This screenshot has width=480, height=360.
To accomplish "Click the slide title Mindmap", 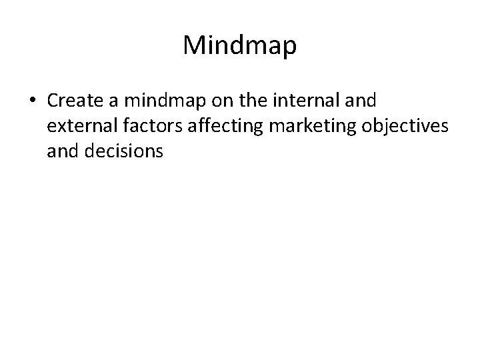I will pos(239,45).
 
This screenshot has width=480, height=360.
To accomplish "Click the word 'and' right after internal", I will pos(361,101).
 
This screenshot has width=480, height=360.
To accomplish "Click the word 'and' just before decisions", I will pos(61,151).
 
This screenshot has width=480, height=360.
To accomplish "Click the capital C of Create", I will pos(53,101).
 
